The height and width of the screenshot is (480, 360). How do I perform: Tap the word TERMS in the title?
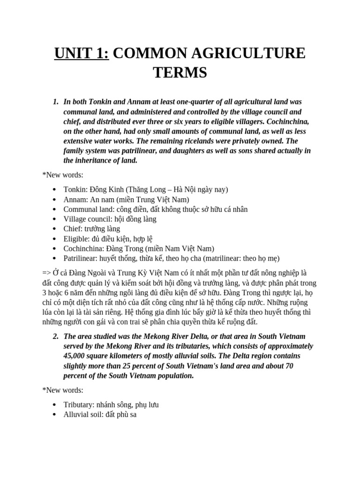[180, 73]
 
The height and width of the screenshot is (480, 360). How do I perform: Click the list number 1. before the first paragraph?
[55, 102]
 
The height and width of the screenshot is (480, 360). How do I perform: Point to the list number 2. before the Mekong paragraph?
[55, 336]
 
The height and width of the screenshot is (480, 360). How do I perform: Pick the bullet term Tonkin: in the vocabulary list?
[75, 189]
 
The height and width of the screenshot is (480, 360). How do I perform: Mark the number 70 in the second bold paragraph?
[289, 366]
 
